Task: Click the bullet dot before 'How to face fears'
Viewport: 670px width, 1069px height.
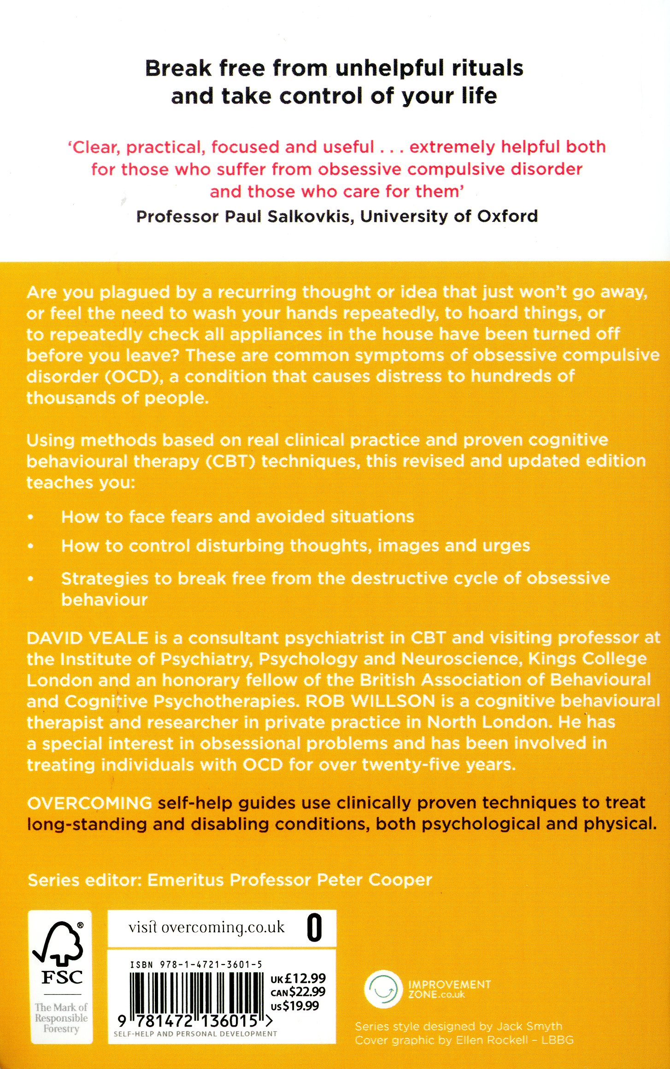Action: pos(31,517)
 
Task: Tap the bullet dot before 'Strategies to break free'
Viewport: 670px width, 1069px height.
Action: pos(31,579)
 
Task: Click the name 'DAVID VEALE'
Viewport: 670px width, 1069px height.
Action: pos(88,638)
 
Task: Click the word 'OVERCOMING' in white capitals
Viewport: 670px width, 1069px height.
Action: pos(89,803)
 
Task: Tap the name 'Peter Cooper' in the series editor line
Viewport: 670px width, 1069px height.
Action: pos(374,880)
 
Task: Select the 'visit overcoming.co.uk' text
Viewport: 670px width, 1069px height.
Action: pos(206,927)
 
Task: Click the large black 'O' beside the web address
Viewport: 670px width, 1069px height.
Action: pos(315,928)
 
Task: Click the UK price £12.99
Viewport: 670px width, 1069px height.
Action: pos(305,978)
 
